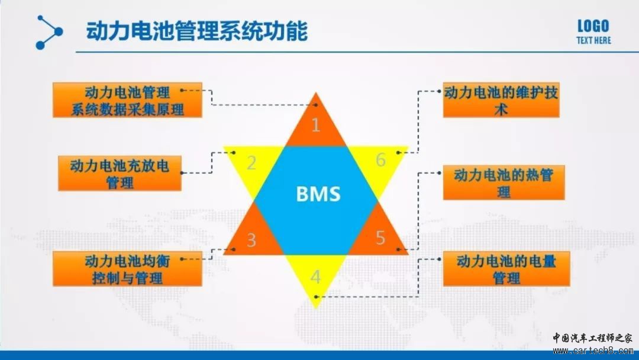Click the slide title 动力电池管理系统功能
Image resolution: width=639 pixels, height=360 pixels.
196,31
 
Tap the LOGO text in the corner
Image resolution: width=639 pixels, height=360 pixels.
593,26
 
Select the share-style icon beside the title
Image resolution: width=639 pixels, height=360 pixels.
49,32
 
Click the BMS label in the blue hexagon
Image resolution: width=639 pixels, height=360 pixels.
318,194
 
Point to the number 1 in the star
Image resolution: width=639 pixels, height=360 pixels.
316,125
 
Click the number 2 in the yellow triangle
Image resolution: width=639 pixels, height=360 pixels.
251,163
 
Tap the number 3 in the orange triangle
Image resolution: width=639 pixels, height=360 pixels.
251,240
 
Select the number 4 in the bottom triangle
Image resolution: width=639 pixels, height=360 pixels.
315,277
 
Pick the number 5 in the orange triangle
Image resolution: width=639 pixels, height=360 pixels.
380,237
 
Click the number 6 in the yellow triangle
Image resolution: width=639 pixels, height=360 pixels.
380,160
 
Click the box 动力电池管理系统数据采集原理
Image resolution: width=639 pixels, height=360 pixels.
128,100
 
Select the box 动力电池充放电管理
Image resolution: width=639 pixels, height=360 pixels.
120,173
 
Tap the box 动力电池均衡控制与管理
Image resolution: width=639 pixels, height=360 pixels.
128,269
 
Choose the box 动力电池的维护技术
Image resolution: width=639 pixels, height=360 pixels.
501,100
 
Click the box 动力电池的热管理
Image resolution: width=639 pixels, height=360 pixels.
504,182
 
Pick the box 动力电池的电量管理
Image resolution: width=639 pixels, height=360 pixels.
506,269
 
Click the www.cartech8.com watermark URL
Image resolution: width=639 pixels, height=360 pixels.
593,351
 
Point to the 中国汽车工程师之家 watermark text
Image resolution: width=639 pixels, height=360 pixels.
593,338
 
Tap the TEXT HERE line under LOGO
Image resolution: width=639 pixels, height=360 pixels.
593,40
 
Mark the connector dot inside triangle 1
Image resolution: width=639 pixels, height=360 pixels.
316,105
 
